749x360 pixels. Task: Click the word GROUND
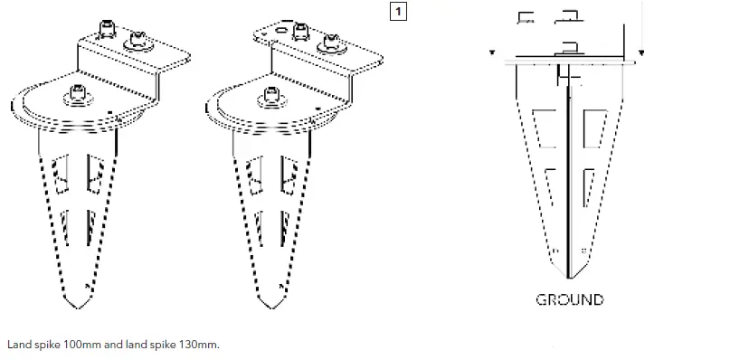click(570, 299)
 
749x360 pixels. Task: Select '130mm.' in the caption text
click(198, 346)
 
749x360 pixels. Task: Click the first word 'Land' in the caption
click(17, 346)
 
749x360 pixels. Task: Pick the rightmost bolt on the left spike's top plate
click(141, 39)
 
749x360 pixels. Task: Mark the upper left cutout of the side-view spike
click(545, 128)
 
